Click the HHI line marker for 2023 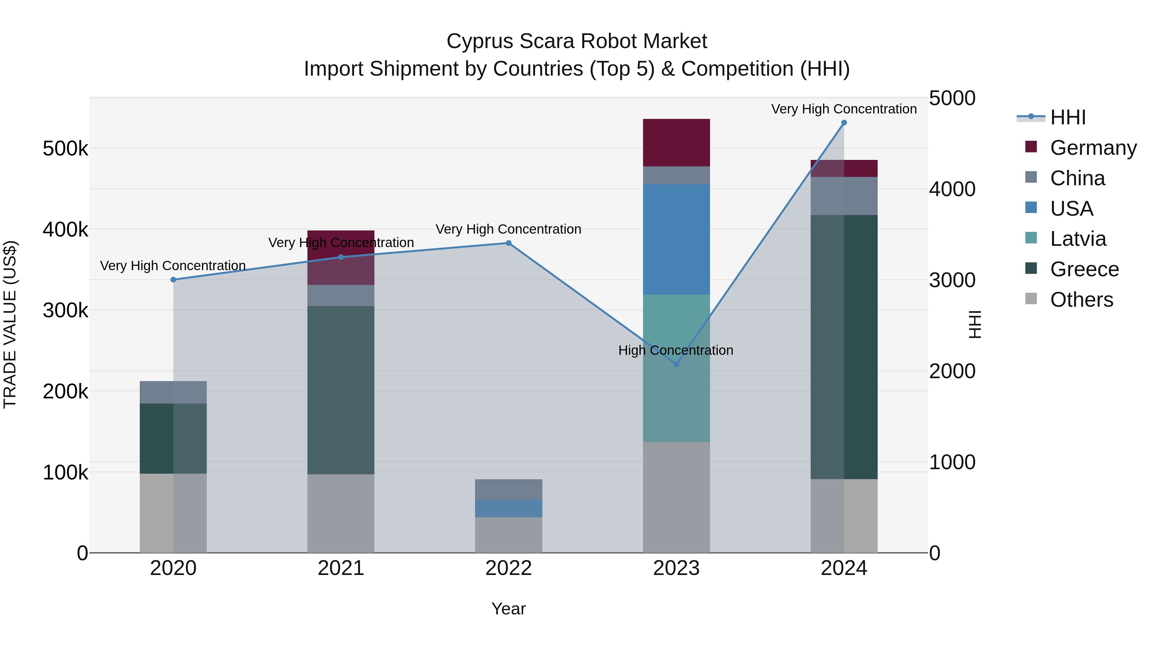[676, 364]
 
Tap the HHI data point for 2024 [844, 123]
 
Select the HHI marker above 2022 [508, 243]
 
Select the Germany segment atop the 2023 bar [676, 142]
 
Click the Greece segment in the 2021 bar [341, 390]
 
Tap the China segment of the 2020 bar [173, 392]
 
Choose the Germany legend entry [1093, 148]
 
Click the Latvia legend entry [1078, 239]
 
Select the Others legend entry [1082, 300]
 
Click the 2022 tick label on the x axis [508, 568]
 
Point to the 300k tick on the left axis [65, 310]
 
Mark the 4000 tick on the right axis [952, 189]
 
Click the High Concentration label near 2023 [675, 350]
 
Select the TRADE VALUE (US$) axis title [10, 324]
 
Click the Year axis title [508, 609]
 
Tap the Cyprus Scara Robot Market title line [577, 41]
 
